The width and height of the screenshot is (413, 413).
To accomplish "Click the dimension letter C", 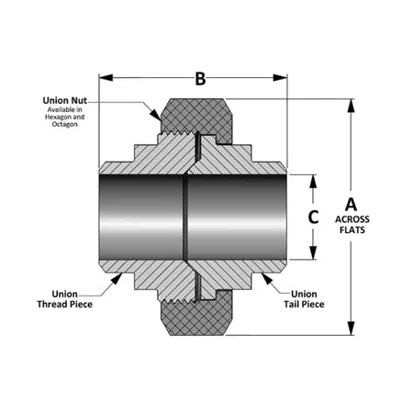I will (313, 218).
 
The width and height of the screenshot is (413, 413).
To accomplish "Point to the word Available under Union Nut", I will (57, 109).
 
